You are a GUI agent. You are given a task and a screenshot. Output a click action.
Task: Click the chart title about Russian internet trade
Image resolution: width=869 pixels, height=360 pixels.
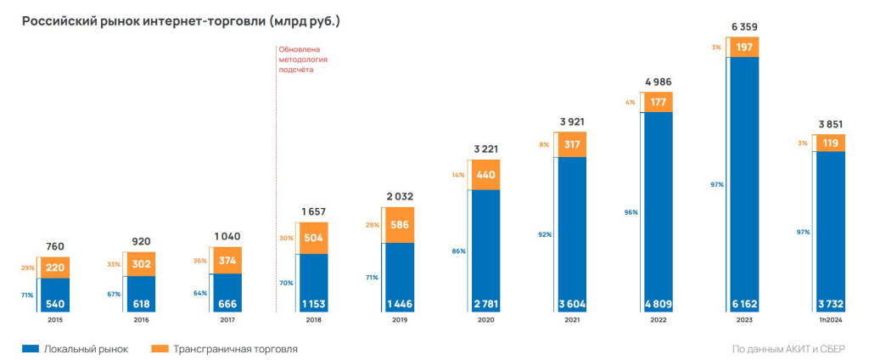[x=181, y=22]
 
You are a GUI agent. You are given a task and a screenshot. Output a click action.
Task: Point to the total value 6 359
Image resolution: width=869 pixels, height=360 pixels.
[x=743, y=27]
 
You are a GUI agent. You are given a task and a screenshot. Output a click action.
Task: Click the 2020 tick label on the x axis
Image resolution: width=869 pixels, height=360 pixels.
[x=485, y=321]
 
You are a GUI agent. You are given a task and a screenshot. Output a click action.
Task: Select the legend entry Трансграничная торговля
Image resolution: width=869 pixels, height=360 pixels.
[x=226, y=349]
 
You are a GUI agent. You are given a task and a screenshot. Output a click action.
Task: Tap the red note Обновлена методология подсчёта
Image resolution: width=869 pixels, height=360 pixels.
[x=303, y=60]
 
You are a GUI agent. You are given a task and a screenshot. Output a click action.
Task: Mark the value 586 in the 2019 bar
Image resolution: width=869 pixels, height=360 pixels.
[x=400, y=226]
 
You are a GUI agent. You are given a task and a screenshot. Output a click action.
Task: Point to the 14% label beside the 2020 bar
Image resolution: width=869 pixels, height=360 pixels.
[x=458, y=174]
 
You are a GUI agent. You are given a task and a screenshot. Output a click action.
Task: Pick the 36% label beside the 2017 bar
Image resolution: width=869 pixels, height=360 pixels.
[x=201, y=261]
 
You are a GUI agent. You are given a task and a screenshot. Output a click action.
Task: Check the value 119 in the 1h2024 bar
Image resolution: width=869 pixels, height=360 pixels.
[x=831, y=143]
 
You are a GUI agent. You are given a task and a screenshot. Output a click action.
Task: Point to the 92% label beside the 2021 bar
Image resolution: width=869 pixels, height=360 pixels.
[x=545, y=234]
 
